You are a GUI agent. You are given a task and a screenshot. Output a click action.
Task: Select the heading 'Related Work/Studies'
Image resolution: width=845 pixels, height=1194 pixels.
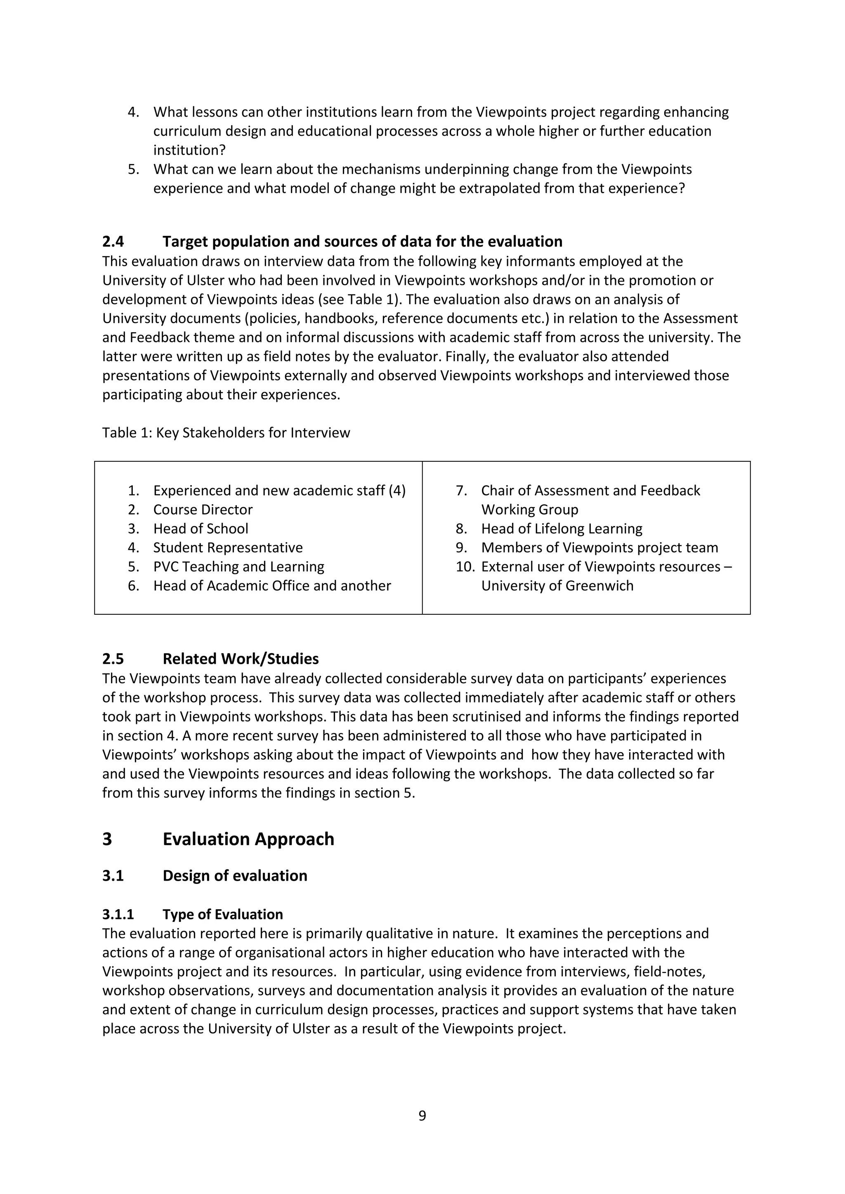pyautogui.click(x=241, y=658)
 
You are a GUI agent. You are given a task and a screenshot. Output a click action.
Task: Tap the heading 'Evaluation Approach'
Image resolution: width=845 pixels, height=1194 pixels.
pyautogui.click(x=248, y=839)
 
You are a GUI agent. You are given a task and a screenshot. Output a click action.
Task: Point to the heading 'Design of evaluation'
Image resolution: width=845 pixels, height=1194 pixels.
pyautogui.click(x=235, y=875)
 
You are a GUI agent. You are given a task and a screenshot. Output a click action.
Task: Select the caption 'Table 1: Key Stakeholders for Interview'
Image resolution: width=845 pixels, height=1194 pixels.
pyautogui.click(x=226, y=432)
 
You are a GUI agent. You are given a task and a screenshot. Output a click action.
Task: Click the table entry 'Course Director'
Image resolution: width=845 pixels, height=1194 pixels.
pyautogui.click(x=203, y=510)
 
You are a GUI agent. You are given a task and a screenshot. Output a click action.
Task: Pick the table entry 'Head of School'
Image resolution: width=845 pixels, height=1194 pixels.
pyautogui.click(x=201, y=529)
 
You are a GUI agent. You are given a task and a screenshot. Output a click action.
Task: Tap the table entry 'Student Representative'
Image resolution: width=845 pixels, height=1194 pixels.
pyautogui.click(x=228, y=548)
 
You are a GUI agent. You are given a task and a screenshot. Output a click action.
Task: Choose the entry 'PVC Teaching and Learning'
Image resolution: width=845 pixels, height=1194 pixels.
pyautogui.click(x=238, y=566)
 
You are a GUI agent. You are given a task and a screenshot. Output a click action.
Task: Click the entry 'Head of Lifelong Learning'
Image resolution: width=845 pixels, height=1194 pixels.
pyautogui.click(x=562, y=529)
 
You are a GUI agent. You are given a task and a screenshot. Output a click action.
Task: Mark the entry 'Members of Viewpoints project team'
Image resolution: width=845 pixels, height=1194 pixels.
pyautogui.click(x=600, y=548)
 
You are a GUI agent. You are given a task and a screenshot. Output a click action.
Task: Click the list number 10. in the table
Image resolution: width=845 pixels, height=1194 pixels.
pyautogui.click(x=465, y=566)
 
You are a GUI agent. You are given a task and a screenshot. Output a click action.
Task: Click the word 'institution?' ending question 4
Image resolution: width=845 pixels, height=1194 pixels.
pyautogui.click(x=189, y=150)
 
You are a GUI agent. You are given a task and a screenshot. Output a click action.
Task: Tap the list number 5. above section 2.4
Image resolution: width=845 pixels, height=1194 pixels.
pyautogui.click(x=133, y=169)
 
